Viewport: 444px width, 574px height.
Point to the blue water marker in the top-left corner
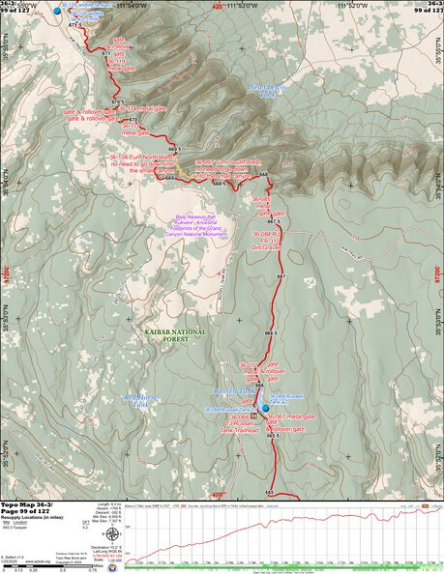point(56,9)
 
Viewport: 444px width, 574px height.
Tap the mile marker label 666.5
point(278,332)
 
